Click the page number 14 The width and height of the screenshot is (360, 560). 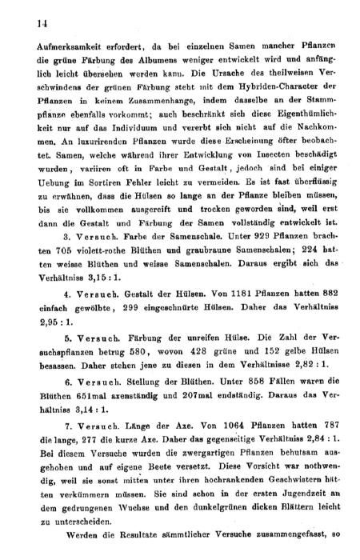coord(33,24)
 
